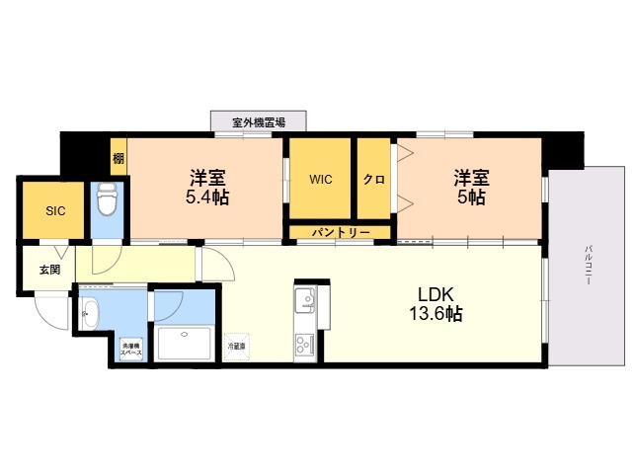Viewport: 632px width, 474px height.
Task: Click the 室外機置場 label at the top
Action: (259, 122)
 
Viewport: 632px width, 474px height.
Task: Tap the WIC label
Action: (320, 180)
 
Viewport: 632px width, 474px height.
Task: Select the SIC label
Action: (54, 210)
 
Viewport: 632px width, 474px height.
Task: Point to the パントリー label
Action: (341, 232)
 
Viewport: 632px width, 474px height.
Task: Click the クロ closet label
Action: (373, 180)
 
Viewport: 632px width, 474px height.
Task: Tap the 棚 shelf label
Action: (118, 158)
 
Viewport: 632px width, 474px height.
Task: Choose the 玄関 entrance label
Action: (49, 269)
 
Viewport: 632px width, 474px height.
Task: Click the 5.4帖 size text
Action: (208, 197)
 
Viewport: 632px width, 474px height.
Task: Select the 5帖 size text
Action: (470, 197)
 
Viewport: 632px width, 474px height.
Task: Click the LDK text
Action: (434, 293)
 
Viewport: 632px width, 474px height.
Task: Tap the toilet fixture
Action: (107, 202)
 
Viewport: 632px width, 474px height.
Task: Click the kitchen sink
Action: (304, 297)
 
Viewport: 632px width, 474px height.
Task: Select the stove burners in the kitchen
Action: (303, 345)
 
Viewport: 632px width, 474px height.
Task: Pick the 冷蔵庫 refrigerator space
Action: (237, 347)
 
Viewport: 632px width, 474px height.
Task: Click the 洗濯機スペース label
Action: (131, 349)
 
